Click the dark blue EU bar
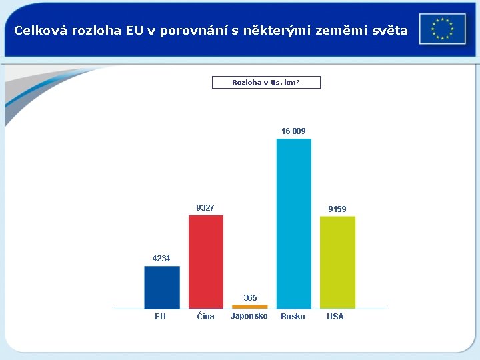pos(162,287)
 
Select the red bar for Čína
pos(206,261)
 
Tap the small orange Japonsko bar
pos(249,307)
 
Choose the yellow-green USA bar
pos(337,262)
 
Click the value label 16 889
pos(293,131)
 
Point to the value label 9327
pos(205,208)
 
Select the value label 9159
pos(337,209)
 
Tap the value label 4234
pos(161,259)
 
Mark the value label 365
pos(250,297)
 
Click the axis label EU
pos(160,317)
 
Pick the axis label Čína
pos(206,317)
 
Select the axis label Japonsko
pos(249,316)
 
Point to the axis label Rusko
pos(293,317)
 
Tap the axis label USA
pos(335,317)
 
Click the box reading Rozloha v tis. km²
pos(266,83)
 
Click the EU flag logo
pos(442,29)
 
